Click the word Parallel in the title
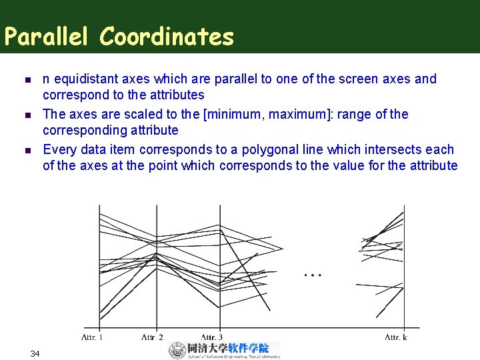(x=48, y=37)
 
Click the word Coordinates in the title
(x=167, y=37)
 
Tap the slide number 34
(x=35, y=353)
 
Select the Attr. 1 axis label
(x=92, y=337)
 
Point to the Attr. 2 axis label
(x=152, y=337)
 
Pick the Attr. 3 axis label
(x=212, y=337)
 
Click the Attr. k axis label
(x=396, y=337)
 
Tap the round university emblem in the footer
(x=177, y=350)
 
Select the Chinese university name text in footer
(x=228, y=347)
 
